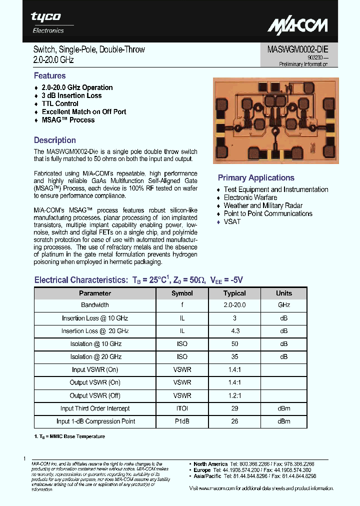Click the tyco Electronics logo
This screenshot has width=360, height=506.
coord(48,23)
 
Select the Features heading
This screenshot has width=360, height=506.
coord(49,76)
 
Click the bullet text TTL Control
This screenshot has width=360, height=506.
coord(60,103)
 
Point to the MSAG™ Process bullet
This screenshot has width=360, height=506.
coord(68,120)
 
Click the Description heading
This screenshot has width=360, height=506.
coord(54,140)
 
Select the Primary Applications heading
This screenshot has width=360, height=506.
coord(256,178)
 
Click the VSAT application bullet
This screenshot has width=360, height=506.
coord(232,221)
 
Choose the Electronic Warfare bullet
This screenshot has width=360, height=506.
coord(250,197)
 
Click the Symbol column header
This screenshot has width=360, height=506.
coord(182,293)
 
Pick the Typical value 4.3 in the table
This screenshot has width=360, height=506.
coord(234,331)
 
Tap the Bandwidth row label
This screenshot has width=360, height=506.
coord(95,305)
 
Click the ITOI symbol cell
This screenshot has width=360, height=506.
coord(182,408)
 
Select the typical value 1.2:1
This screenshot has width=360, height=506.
coord(234,395)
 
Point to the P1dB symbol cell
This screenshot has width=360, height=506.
coord(182,421)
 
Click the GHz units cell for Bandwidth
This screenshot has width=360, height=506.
coord(283,305)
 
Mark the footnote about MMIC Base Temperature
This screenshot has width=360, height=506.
coord(69,436)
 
